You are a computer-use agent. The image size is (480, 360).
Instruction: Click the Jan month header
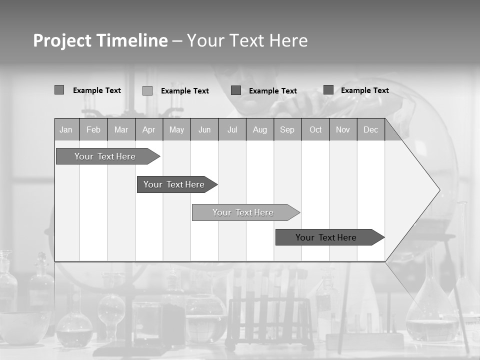click(66, 129)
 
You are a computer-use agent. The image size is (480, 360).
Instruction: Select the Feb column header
click(93, 129)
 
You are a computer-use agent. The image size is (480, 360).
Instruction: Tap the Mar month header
click(121, 129)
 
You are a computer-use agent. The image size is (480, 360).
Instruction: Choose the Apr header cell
click(149, 129)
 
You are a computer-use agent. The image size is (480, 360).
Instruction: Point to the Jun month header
click(204, 129)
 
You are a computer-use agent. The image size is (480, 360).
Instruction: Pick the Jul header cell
click(232, 129)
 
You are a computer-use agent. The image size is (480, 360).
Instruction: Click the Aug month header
click(260, 129)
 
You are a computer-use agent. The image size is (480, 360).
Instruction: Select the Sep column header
click(287, 129)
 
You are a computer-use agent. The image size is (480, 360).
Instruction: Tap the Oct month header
click(315, 129)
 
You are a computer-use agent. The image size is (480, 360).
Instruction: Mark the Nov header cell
click(343, 129)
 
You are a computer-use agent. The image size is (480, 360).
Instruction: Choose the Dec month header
click(371, 129)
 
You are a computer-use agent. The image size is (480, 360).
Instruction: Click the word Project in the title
click(62, 40)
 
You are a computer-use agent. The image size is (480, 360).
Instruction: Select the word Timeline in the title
click(131, 40)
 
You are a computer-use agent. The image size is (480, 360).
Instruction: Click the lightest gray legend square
click(147, 90)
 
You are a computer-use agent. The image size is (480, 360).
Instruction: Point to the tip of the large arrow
click(439, 190)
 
